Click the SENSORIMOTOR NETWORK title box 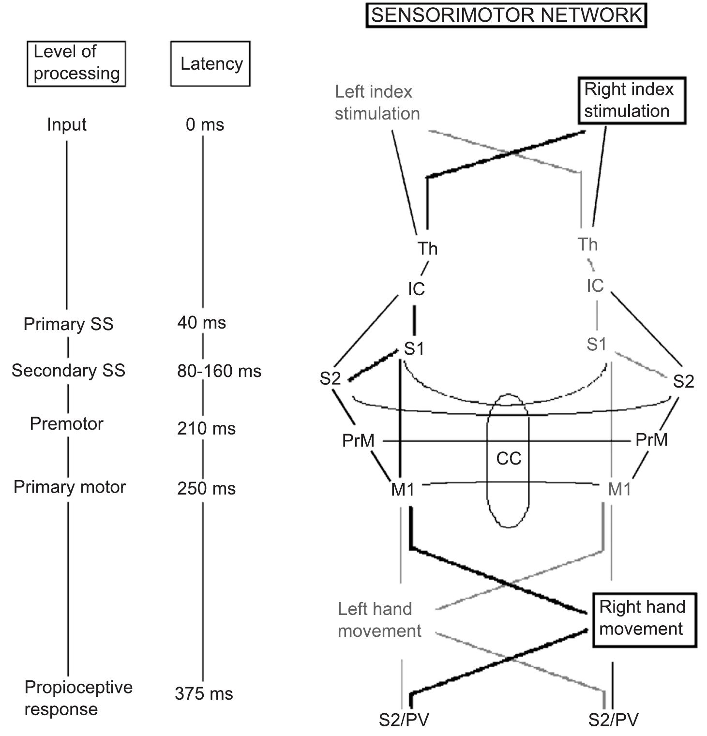coord(506,15)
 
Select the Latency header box coord(211,64)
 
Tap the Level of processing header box coord(76,63)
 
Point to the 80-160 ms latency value coord(219,371)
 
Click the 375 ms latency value coord(204,693)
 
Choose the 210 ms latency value coord(206,428)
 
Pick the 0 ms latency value coord(205,125)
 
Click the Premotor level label coord(67,424)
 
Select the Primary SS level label coord(68,324)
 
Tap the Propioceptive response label coord(78,698)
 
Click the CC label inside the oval coord(509,458)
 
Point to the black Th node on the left coord(427,249)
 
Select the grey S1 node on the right coord(596,345)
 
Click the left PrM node coord(358,441)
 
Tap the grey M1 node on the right coord(619,490)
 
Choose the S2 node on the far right coord(683,382)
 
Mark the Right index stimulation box coord(632,101)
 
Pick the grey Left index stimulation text coord(377,103)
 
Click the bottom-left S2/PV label coord(404,720)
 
